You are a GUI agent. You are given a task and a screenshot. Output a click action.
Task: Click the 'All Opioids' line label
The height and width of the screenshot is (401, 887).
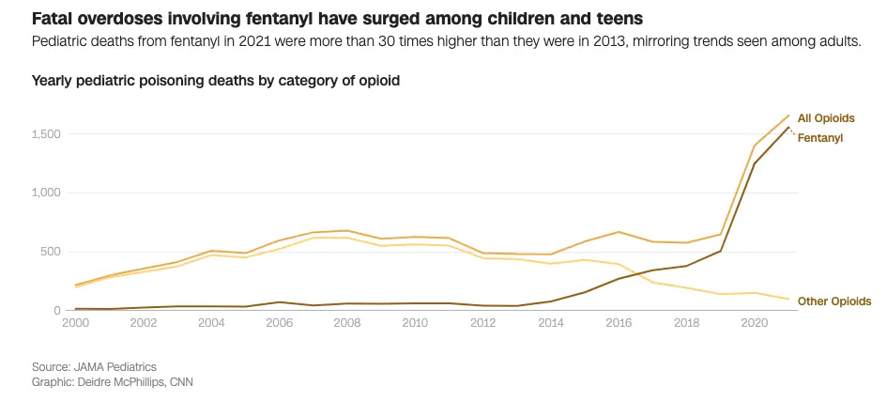point(826,117)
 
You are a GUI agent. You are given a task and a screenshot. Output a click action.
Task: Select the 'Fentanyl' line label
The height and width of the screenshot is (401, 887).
point(820,138)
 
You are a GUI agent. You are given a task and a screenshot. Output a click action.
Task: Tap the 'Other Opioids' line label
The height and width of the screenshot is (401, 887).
point(834,301)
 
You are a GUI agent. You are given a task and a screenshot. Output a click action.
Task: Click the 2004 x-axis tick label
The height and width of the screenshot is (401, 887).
point(211,322)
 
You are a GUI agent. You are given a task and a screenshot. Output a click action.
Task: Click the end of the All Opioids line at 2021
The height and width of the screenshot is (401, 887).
point(789,116)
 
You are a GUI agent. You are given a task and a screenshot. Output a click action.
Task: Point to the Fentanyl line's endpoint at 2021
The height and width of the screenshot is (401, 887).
point(789,128)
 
